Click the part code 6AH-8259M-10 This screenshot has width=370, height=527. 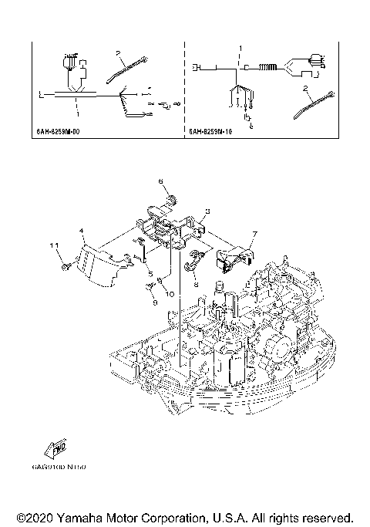coord(211,132)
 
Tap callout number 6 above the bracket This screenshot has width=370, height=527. coord(162,181)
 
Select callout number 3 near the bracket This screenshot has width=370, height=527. coord(207,211)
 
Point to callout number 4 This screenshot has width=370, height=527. coord(81,229)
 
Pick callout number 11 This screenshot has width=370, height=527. coord(55,245)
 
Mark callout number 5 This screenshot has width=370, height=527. coord(151,274)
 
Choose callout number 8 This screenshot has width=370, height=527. coord(196,284)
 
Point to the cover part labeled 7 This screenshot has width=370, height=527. coord(233,258)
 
